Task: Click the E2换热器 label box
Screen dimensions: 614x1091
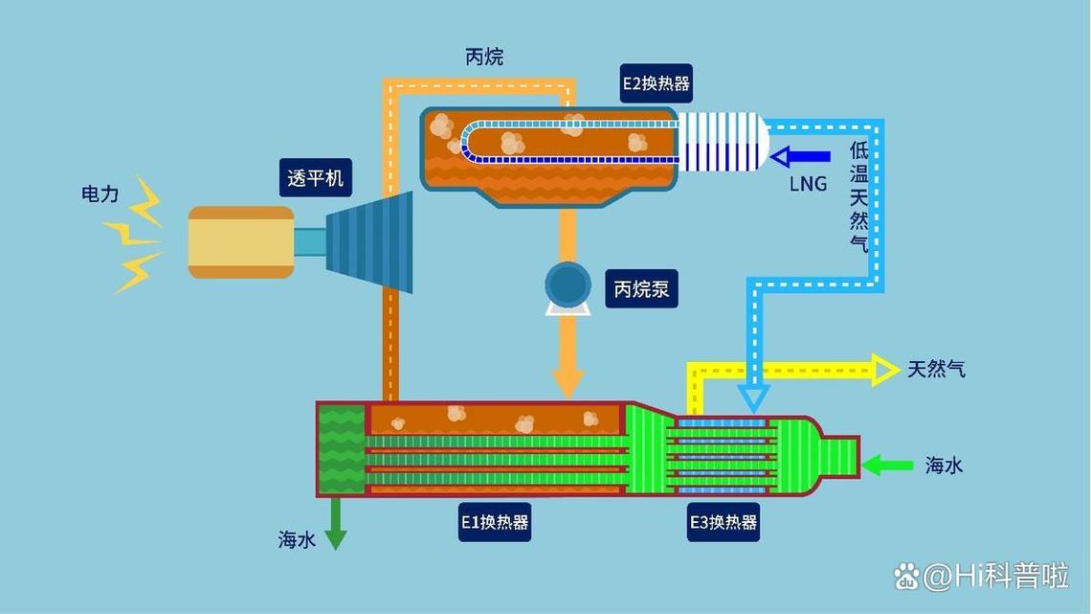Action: [656, 83]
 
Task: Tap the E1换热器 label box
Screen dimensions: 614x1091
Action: [495, 522]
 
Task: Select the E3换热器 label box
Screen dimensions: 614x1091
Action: [724, 522]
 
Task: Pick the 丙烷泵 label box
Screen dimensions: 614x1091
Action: [641, 288]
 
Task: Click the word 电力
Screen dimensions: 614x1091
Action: [100, 194]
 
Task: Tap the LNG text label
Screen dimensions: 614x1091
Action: [808, 184]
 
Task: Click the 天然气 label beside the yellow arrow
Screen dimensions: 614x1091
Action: [936, 369]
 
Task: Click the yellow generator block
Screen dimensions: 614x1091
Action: [240, 242]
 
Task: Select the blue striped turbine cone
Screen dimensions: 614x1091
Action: [370, 242]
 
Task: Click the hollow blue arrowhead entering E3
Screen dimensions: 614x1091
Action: [755, 396]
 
